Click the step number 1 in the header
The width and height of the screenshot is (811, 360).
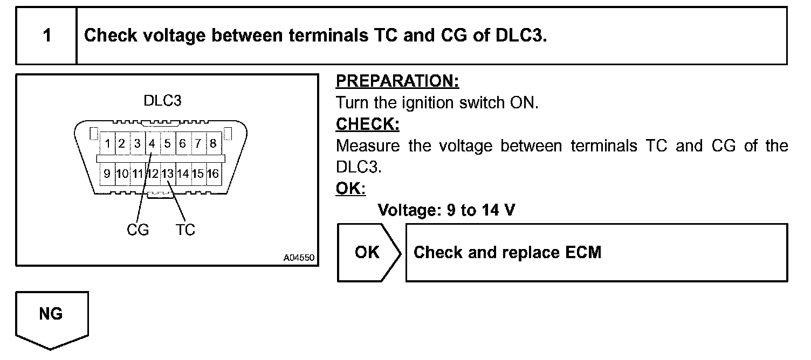[x=47, y=36]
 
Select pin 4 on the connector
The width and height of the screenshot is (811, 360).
[x=152, y=144]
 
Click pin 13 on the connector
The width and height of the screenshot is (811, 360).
[x=168, y=174]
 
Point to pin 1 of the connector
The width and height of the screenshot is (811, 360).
[x=108, y=144]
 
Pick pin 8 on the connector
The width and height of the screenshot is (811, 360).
[x=213, y=144]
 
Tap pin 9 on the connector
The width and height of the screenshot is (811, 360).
[x=107, y=174]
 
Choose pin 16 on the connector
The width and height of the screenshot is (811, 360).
[x=213, y=174]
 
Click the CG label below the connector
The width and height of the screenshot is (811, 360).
[x=138, y=230]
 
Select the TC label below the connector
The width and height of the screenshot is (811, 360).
[x=185, y=230]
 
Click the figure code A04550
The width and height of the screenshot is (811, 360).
[x=299, y=258]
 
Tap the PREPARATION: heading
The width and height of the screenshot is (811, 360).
[x=397, y=81]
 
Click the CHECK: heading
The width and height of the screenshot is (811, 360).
[x=367, y=124]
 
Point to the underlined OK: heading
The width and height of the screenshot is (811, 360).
[x=350, y=189]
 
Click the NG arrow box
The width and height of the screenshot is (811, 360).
[x=51, y=315]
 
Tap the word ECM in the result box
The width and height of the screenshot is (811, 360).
[x=584, y=253]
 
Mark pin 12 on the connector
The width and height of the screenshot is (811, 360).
[x=153, y=174]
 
